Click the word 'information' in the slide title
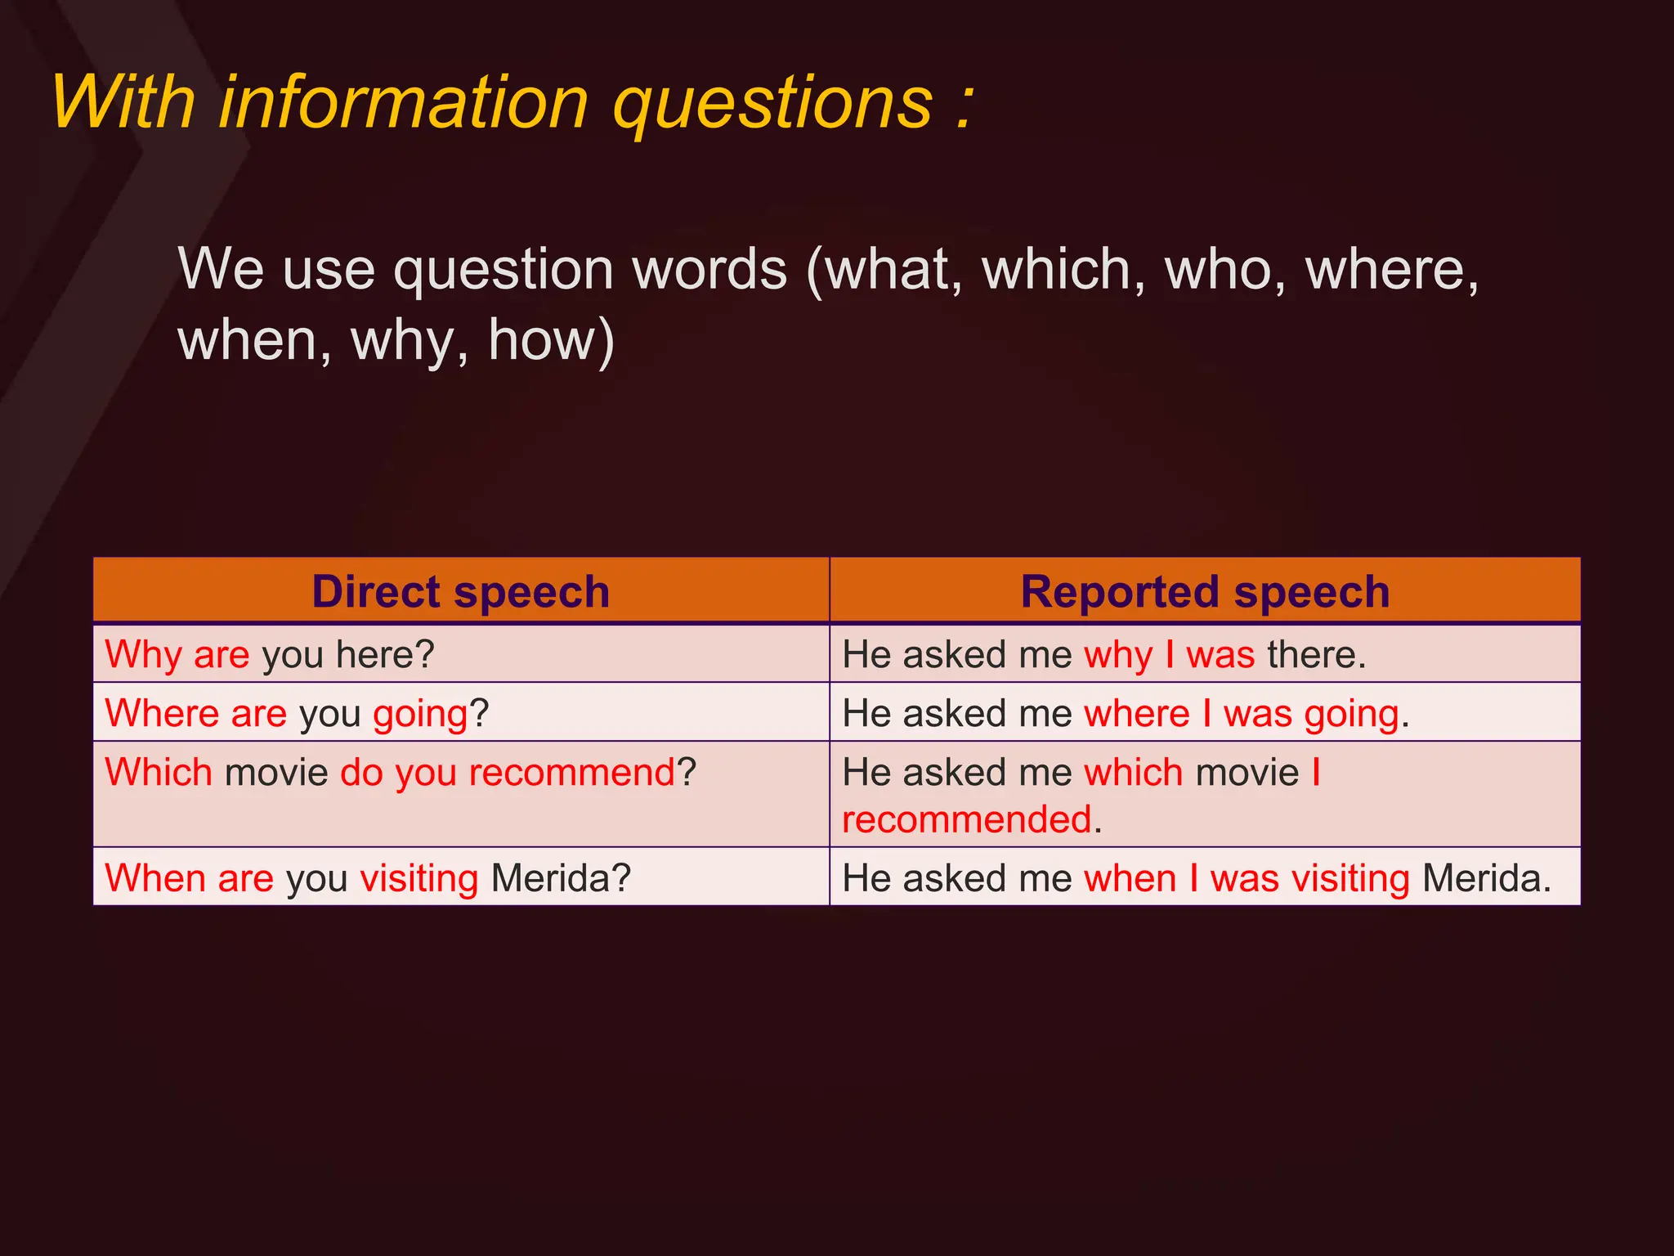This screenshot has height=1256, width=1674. tap(404, 103)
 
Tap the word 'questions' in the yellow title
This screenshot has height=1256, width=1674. tap(772, 105)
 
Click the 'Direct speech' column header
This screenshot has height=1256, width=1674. tap(461, 591)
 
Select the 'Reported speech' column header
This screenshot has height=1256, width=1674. tap(1205, 591)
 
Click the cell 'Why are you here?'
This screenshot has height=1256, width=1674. tap(270, 655)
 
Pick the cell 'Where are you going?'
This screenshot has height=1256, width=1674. tap(296, 714)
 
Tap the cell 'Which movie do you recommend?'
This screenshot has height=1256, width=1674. tap(401, 773)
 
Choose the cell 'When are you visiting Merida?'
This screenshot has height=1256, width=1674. tap(368, 879)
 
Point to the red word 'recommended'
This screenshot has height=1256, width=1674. tap(967, 819)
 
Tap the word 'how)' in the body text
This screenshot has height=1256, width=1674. tap(551, 340)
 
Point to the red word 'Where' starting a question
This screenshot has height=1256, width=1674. tap(162, 714)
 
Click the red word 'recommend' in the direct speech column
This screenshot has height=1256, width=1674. tap(572, 773)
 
